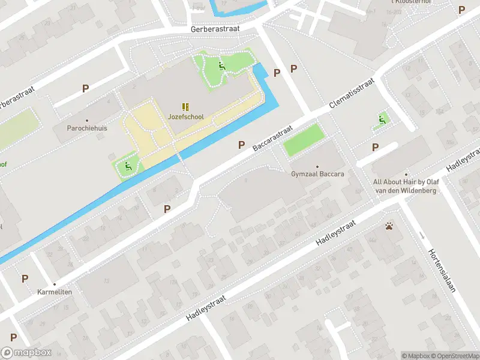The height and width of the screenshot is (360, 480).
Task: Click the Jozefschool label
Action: tap(186, 117)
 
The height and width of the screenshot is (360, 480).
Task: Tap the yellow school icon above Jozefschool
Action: tap(186, 107)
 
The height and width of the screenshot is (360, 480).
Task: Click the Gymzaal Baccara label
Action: tap(317, 174)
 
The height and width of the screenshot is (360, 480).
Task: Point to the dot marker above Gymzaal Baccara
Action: tap(317, 166)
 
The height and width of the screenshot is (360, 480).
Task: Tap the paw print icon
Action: tap(389, 226)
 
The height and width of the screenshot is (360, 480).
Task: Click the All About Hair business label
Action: tap(406, 186)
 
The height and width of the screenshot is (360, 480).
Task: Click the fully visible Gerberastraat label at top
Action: tap(215, 29)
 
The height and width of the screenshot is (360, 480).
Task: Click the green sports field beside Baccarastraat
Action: tap(303, 140)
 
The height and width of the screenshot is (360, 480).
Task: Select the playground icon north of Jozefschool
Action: tap(222, 66)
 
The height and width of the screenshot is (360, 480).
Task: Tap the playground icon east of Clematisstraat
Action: tap(381, 120)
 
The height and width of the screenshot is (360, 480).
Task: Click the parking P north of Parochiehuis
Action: tap(85, 88)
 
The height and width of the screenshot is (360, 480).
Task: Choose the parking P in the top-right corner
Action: tap(461, 10)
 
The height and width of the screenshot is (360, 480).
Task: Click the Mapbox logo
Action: tap(26, 353)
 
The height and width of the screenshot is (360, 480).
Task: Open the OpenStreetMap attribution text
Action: tap(454, 356)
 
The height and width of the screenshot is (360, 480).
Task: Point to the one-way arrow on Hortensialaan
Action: tap(422, 235)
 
